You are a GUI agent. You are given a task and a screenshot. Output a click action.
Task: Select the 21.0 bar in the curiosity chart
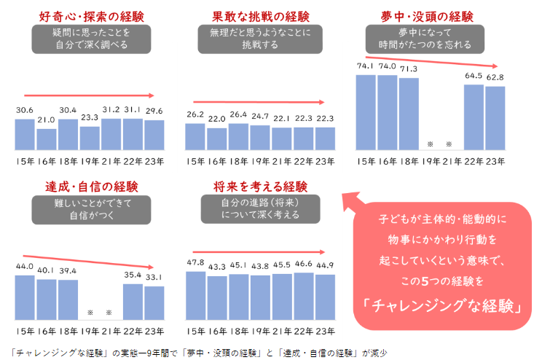(46, 138)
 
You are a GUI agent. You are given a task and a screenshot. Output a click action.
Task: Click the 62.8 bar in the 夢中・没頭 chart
(495, 118)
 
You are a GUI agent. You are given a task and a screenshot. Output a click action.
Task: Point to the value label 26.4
(238, 114)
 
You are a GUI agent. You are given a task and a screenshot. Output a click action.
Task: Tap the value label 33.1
(154, 278)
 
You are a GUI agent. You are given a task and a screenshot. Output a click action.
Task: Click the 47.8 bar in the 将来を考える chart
(195, 290)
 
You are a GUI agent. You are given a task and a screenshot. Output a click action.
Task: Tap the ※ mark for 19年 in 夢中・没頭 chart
(431, 144)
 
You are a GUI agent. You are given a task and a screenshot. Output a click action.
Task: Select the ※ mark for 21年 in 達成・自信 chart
(109, 313)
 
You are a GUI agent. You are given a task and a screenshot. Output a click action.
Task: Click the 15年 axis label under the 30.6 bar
(24, 161)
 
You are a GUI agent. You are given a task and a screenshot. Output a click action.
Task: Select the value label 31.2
(111, 109)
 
